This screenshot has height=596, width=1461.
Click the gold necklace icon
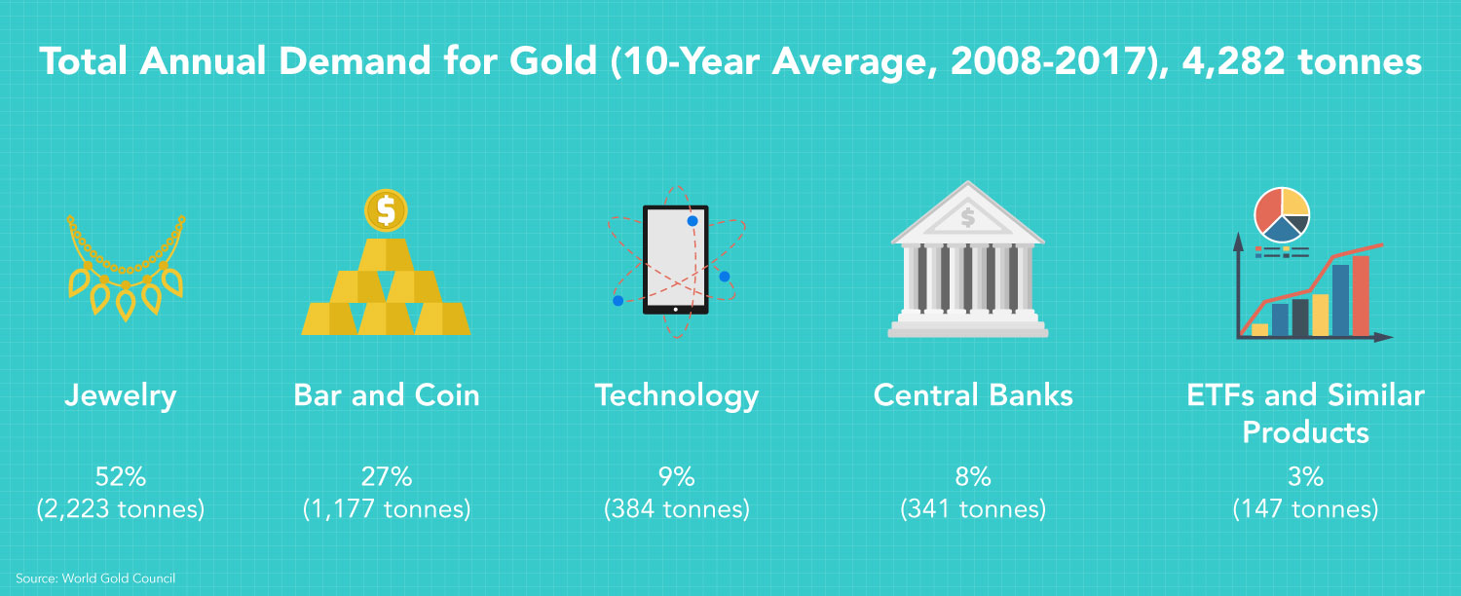126,267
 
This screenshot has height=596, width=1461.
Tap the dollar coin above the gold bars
386,209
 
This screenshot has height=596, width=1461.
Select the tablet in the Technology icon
676,259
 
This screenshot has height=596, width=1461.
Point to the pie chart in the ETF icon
1282,214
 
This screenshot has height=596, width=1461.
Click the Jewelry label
121,395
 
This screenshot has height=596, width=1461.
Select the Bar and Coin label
387,395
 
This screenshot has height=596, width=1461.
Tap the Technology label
676,396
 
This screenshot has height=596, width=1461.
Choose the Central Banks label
973,395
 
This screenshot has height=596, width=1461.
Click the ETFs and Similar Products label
1305,413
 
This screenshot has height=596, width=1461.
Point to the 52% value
121,476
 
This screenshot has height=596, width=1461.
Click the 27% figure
387,476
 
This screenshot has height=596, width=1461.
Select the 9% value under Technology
676,476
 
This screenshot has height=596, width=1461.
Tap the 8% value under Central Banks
973,476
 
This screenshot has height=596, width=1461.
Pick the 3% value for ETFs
1305,476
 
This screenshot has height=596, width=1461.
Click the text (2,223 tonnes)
121,509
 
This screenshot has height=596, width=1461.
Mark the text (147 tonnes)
1305,509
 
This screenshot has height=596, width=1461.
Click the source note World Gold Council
95,578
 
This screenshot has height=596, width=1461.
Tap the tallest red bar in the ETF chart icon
1361,295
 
